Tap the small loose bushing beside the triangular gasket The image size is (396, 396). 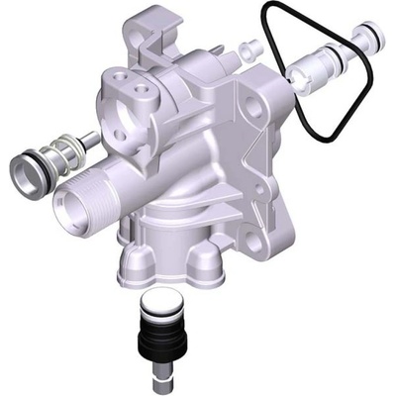coord(251,48)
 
